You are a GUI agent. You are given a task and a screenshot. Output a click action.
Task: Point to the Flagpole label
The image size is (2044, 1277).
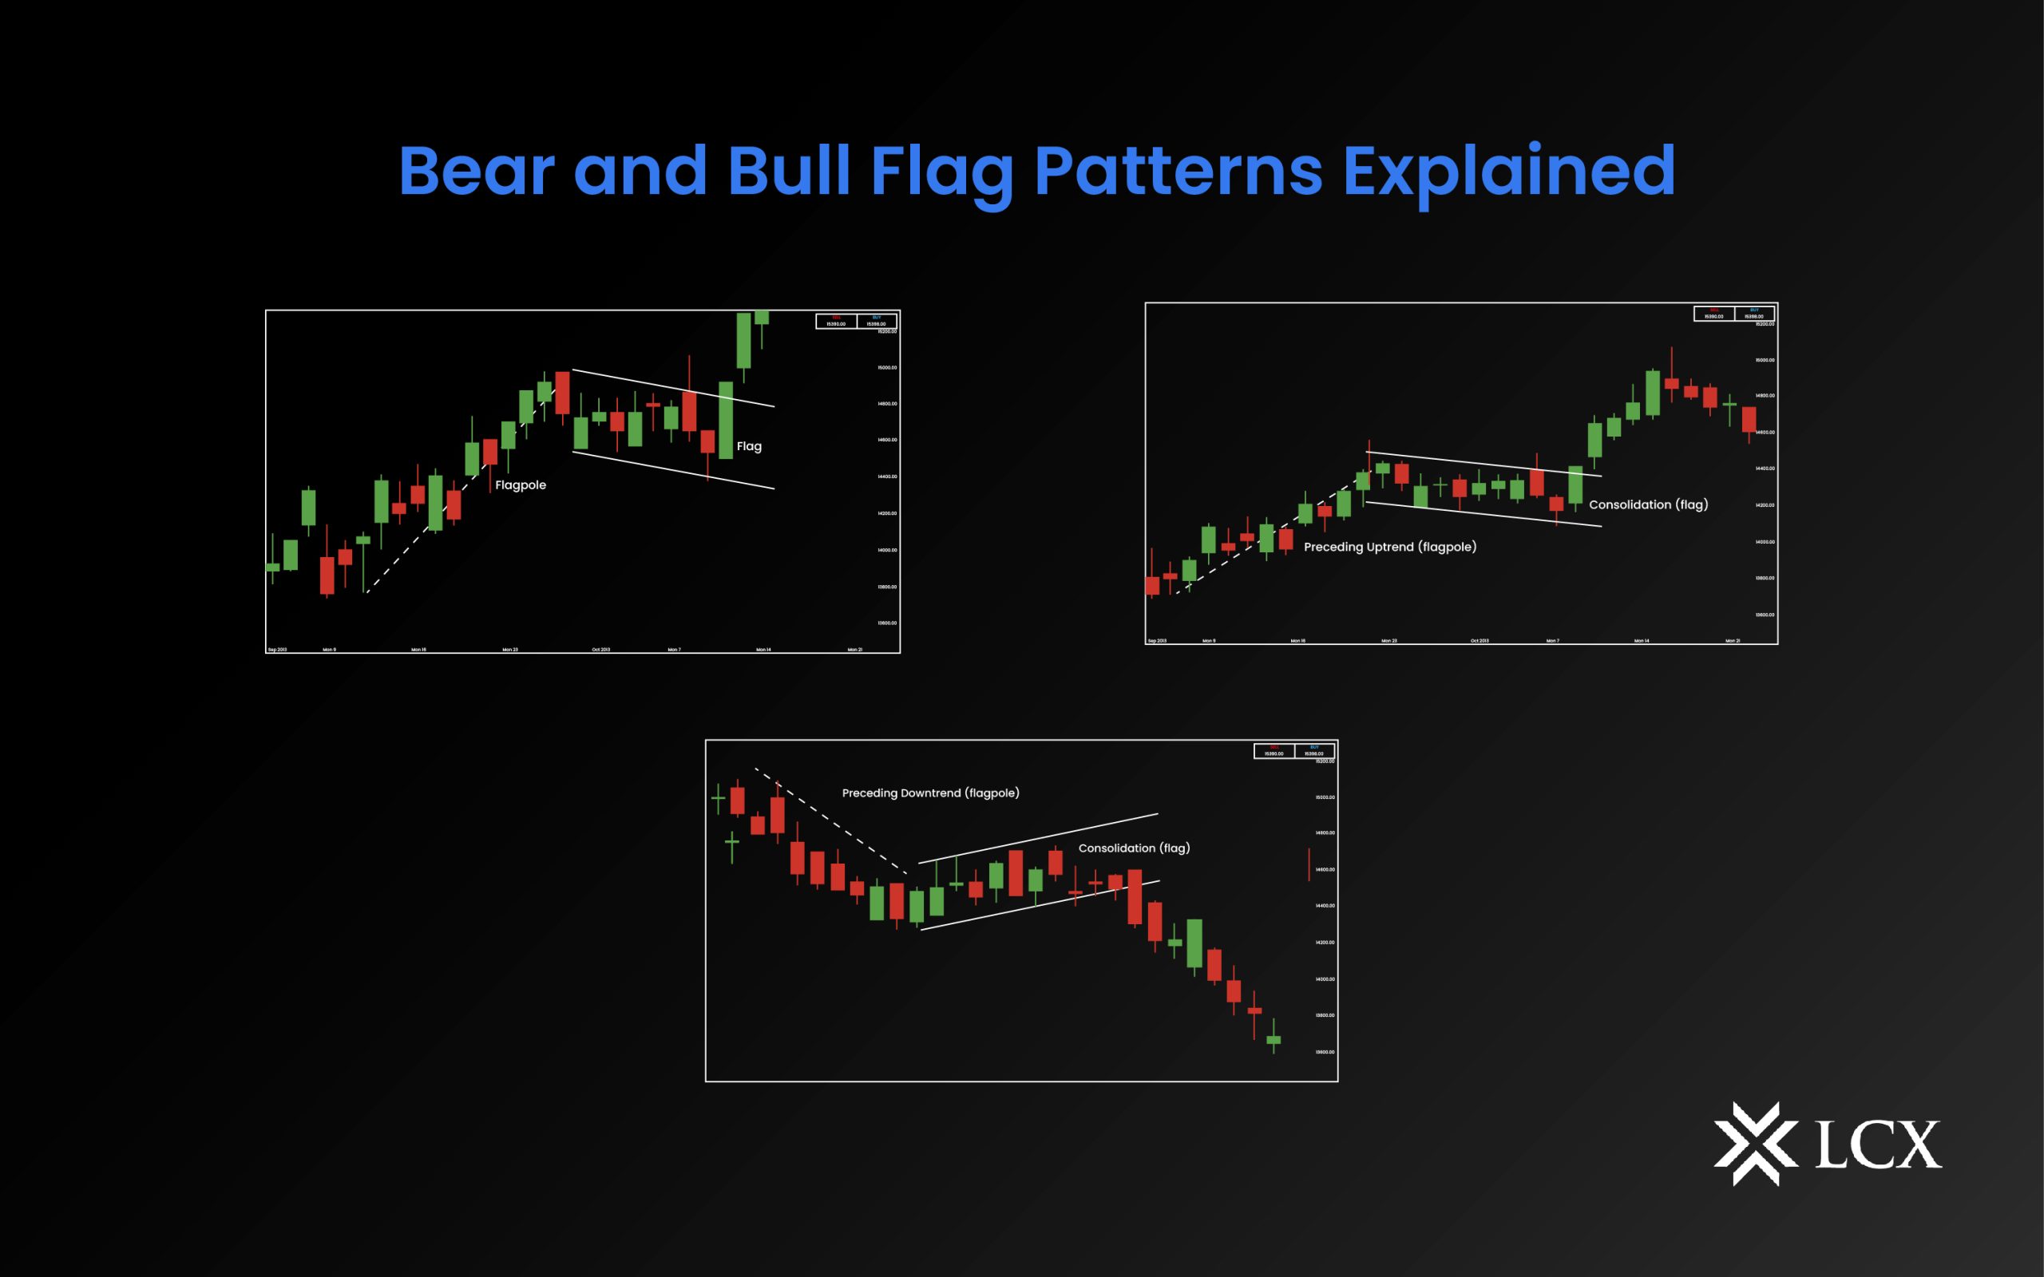coord(521,484)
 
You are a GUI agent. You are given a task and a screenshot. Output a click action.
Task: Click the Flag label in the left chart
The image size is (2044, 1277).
coord(748,446)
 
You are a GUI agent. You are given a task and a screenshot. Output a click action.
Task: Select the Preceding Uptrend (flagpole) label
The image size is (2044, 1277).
coord(1389,547)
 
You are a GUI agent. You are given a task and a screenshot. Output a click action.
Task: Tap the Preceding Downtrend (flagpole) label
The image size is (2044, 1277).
coord(930,793)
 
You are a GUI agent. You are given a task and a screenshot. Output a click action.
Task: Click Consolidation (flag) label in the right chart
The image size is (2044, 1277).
coord(1648,504)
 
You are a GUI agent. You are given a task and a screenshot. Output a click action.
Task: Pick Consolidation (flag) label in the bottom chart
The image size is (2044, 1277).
coord(1134,847)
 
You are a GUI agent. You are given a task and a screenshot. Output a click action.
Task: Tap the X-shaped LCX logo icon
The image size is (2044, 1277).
coord(1755,1144)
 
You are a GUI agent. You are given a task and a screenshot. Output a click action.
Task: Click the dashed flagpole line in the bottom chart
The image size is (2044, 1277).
coord(832,822)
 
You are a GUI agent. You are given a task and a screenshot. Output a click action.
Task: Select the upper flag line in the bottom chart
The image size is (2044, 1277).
coord(1039,838)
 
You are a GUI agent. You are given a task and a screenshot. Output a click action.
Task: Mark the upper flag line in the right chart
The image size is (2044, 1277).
coord(1484,464)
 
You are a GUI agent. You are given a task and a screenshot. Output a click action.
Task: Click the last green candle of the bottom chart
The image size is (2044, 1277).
coord(1273,1039)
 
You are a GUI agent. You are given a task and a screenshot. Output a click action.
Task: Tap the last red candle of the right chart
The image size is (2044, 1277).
coord(1749,420)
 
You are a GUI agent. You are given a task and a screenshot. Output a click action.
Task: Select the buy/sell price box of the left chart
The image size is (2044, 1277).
coord(856,321)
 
